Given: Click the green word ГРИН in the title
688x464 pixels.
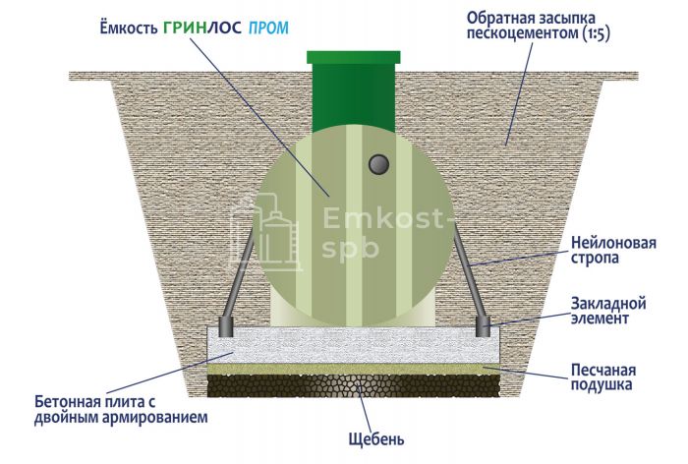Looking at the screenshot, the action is coord(185,28).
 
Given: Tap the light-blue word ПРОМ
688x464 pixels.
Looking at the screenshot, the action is coord(268,29).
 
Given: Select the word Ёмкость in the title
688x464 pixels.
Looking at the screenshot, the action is coord(129,27).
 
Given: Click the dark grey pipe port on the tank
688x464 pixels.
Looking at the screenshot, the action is coord(378,165).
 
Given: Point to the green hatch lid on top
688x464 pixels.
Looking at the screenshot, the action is coord(353,57).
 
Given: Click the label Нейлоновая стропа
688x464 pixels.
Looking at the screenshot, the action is coord(613,250).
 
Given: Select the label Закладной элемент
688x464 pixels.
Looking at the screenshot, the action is coord(608,311).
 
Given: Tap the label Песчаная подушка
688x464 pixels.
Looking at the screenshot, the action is coord(602,377).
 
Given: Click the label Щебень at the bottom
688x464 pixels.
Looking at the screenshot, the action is coord(376,439).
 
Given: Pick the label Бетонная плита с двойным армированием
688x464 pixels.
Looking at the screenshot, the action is coord(121,410).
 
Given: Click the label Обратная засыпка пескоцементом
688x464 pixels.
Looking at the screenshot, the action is coord(538,26).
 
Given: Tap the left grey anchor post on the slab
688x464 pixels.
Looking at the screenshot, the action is coord(225,326).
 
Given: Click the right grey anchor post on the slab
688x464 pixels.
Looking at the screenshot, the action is coord(483,326).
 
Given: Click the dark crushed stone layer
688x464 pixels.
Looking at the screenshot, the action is coord(353,386).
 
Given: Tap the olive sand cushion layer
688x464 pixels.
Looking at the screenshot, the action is coord(353,369).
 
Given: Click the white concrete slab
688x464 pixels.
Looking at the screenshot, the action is coord(353,345).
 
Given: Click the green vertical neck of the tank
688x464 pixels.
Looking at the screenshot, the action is coord(353,97).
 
